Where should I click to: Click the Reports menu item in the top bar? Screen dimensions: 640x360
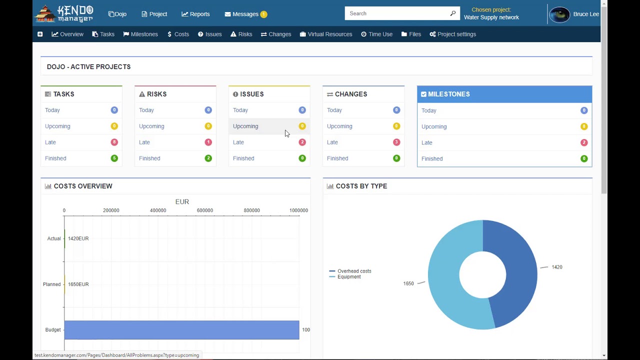click(195, 14)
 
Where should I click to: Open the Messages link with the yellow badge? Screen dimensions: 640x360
click(245, 14)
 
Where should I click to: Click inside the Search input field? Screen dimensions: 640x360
click(397, 13)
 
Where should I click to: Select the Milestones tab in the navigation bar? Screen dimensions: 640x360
click(140, 34)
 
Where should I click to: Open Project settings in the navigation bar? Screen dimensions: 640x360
click(453, 34)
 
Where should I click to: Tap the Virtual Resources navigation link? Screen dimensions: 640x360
click(326, 34)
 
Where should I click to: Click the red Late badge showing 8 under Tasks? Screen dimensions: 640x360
click(114, 142)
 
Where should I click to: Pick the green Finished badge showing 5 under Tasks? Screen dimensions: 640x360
click(114, 158)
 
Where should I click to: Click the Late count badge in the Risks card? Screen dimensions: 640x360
click(208, 142)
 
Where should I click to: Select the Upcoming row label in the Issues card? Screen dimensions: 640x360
click(245, 126)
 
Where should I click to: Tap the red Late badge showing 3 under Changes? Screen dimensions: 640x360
click(396, 142)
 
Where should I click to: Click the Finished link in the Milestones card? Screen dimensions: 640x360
click(432, 158)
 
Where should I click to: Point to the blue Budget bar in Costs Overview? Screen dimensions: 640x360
click(181, 329)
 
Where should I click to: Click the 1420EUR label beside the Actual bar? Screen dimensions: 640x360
click(78, 238)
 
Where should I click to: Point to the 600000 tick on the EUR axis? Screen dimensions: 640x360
click(205, 210)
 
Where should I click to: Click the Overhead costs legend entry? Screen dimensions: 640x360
click(350, 271)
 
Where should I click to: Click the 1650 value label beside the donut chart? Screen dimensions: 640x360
click(408, 283)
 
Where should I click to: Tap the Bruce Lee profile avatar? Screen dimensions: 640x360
click(559, 14)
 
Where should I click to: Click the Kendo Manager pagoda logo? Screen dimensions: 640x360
click(45, 13)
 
